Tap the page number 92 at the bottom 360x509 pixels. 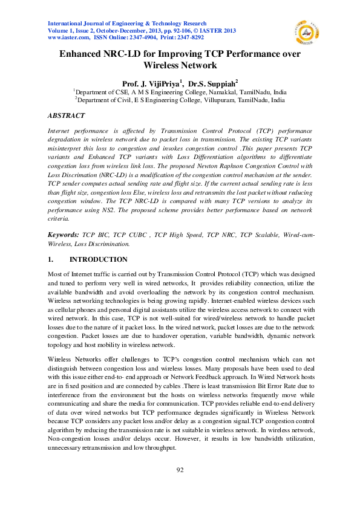[180, 470]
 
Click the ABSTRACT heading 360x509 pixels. [66, 115]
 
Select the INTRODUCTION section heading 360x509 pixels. [99, 260]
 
